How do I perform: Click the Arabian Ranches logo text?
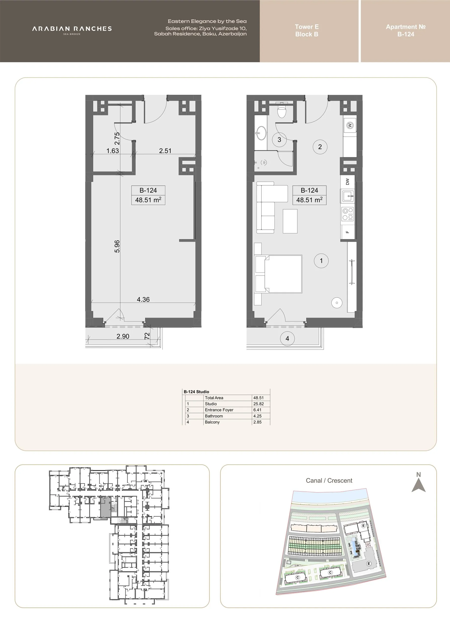[x=72, y=29]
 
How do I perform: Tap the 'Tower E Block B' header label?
[x=307, y=31]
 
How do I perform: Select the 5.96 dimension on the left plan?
[x=117, y=246]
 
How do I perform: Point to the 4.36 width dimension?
[x=143, y=299]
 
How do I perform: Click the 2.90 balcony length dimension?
[x=123, y=336]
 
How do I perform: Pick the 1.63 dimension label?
[x=113, y=151]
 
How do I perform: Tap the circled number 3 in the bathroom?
[x=279, y=140]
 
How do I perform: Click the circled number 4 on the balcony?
[x=287, y=338]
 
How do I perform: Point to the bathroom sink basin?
[x=261, y=133]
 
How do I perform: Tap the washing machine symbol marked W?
[x=350, y=125]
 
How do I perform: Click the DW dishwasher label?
[x=347, y=182]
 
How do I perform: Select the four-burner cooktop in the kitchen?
[x=348, y=214]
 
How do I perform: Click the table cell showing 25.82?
[x=258, y=404]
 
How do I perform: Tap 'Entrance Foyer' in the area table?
[x=219, y=410]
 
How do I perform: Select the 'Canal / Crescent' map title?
[x=329, y=480]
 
